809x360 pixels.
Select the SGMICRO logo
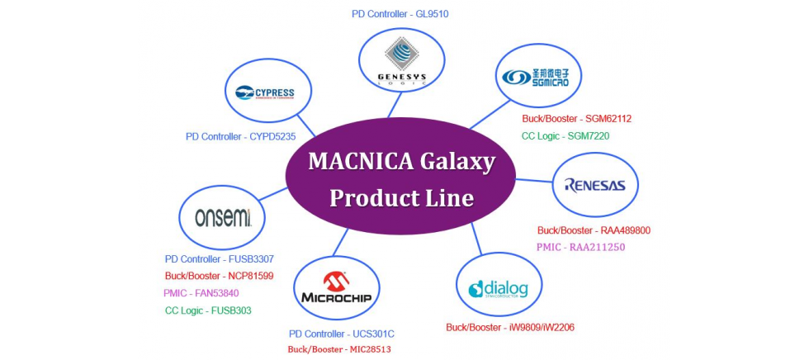point(541,77)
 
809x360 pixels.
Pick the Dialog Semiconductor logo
point(498,289)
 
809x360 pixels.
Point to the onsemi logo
point(222,217)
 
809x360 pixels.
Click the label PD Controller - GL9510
point(400,13)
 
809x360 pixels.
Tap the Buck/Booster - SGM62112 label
point(570,119)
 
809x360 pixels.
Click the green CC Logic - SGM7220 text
point(565,136)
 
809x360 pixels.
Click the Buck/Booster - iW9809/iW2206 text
point(509,328)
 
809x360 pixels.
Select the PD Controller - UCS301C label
point(341,334)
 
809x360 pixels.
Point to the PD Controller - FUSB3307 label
point(219,259)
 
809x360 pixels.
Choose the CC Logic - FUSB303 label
point(208,310)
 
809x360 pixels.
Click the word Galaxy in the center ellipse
point(454,161)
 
